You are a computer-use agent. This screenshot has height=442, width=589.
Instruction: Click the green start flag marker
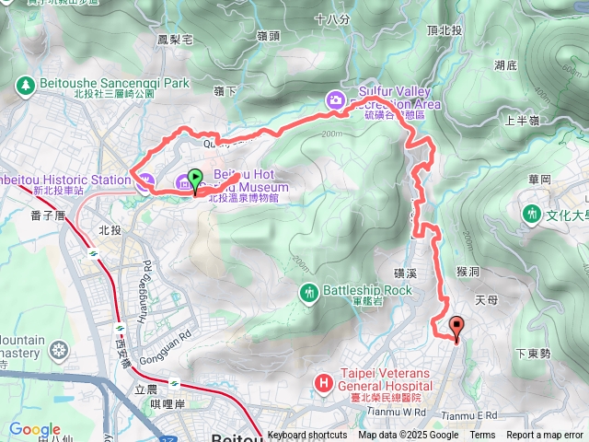[x=195, y=179]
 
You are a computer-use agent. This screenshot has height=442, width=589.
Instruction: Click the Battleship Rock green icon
[x=309, y=291]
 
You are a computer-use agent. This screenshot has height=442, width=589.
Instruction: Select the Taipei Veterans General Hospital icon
[x=323, y=382]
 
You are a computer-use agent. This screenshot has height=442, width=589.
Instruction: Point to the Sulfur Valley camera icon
[x=337, y=99]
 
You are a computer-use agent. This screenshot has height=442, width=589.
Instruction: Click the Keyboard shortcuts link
[x=308, y=436]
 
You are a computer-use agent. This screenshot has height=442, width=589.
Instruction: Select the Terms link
[x=482, y=436]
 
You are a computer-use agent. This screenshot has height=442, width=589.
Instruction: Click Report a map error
[x=546, y=436]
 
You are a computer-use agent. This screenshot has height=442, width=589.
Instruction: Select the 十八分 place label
[x=331, y=18]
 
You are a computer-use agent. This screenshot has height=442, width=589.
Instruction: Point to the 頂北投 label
[x=445, y=30]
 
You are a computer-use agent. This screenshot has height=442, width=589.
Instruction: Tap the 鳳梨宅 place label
[x=175, y=41]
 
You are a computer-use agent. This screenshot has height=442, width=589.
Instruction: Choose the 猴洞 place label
[x=469, y=272]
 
